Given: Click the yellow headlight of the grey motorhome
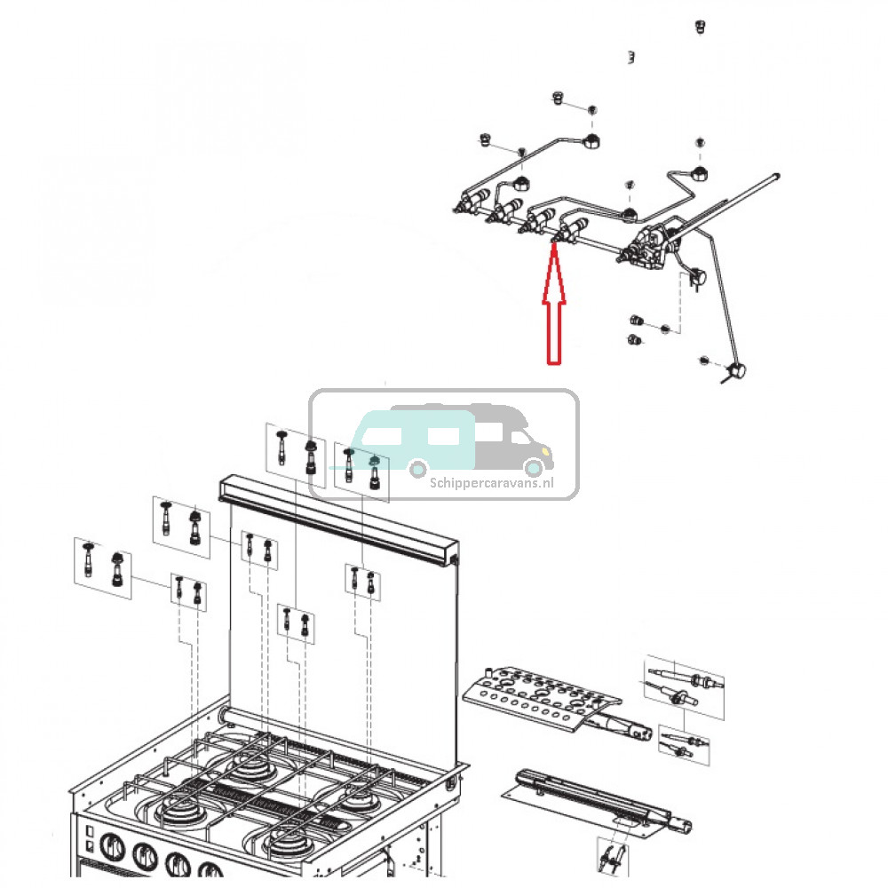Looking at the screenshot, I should pos(536,453).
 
